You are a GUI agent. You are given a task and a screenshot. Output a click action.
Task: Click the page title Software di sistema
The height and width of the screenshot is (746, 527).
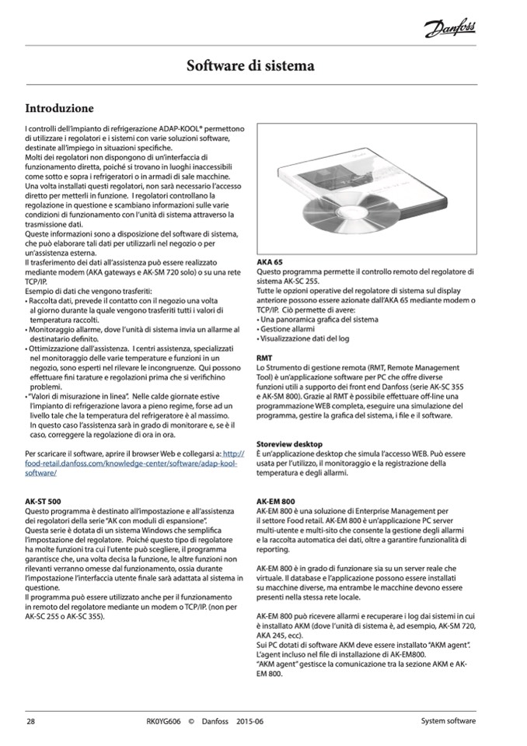click(250, 66)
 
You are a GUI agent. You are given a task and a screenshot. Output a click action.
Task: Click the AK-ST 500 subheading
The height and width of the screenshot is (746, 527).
click(44, 502)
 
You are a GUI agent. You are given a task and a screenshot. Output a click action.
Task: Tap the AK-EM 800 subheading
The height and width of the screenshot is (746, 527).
click(277, 502)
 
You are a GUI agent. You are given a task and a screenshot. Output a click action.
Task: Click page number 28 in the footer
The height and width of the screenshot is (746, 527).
click(30, 721)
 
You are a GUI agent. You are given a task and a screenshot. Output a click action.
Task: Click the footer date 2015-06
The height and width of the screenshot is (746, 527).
click(250, 721)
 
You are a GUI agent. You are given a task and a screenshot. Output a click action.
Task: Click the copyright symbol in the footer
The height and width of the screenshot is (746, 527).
click(191, 721)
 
